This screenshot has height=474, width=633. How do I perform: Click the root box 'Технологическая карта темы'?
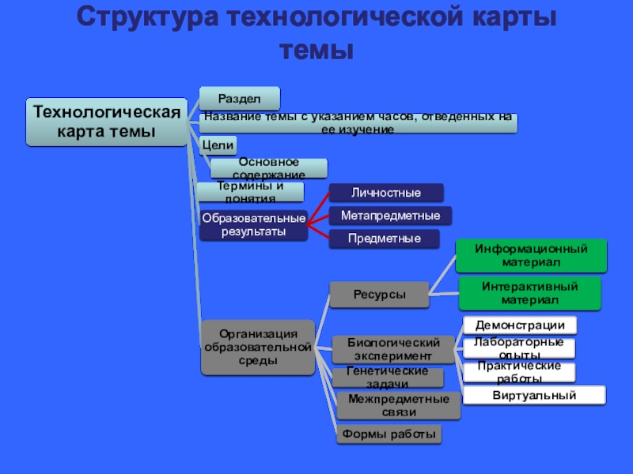click(x=107, y=122)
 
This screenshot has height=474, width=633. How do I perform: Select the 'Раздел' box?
click(x=239, y=98)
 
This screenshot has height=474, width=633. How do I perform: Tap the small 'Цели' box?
click(x=218, y=145)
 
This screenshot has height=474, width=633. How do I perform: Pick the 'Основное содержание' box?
click(x=268, y=167)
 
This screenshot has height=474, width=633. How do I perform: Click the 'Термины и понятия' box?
click(x=250, y=191)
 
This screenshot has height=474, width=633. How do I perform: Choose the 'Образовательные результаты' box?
click(x=253, y=225)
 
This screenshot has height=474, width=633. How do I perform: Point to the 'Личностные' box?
click(x=386, y=193)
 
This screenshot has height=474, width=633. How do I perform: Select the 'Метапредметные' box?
click(x=390, y=216)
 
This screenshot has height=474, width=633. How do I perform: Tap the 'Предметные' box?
click(x=384, y=238)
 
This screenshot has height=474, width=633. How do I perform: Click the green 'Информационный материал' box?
click(x=530, y=255)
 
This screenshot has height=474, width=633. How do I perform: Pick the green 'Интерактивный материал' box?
click(x=529, y=293)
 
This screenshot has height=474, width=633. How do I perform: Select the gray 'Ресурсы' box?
click(x=379, y=295)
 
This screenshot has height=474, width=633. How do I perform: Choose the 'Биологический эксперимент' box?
click(x=392, y=348)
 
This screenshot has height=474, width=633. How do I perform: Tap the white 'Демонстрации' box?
click(x=519, y=325)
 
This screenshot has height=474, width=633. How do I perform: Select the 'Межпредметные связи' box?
click(x=398, y=405)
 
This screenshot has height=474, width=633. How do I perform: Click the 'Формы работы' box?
click(x=389, y=434)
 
